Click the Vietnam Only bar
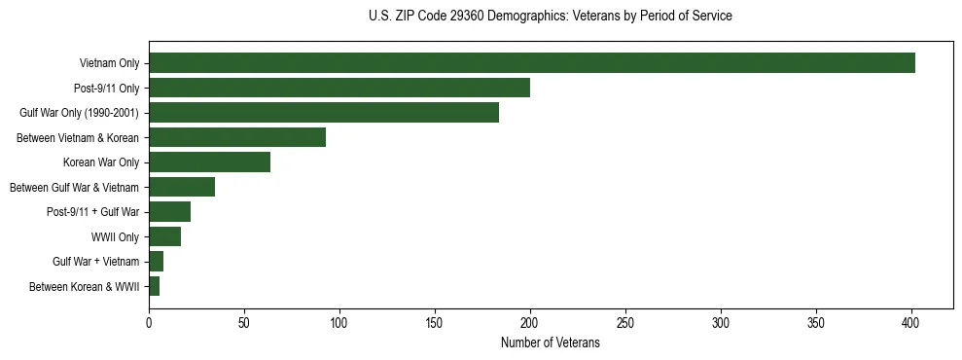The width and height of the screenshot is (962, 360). click(x=532, y=63)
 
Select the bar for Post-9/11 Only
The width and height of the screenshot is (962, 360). click(x=339, y=88)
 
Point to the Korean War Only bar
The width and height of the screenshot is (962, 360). click(x=209, y=162)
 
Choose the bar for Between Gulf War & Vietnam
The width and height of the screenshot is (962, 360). click(x=182, y=187)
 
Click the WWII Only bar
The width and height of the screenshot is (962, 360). click(x=164, y=236)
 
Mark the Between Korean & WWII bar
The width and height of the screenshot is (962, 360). click(x=154, y=286)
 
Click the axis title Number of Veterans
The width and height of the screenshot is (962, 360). click(x=551, y=342)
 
